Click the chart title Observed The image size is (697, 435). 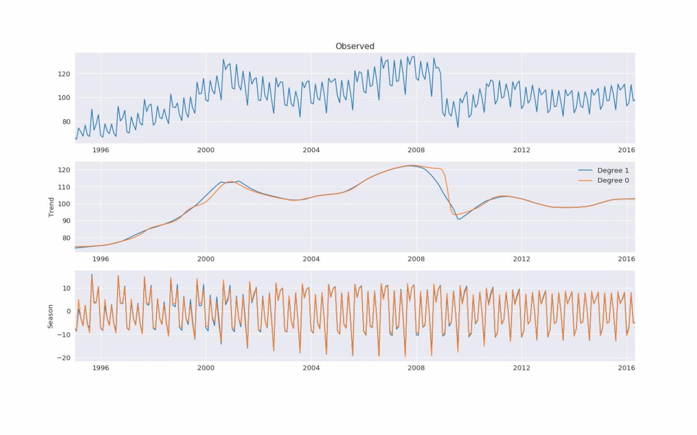click(355, 46)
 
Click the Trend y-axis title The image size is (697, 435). click(51, 207)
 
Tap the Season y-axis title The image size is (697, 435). click(50, 316)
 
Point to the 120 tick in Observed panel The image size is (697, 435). click(64, 74)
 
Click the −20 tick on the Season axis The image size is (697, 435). click(64, 358)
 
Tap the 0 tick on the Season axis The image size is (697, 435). click(68, 311)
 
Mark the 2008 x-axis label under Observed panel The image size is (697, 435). click(416, 150)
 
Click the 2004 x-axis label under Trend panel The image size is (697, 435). click(311, 259)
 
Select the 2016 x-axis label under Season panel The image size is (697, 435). click(626, 368)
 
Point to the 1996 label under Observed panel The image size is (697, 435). click(101, 150)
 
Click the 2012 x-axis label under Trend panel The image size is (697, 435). click(521, 259)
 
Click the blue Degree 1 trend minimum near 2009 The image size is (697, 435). click(459, 219)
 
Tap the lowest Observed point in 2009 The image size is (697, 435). click(458, 127)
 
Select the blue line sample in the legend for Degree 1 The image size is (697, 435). click(585, 171)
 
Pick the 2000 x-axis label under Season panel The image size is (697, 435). click(206, 368)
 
